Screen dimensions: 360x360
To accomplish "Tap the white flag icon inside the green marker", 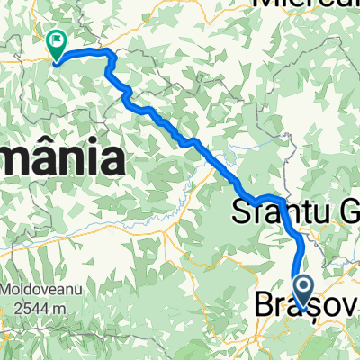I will coord(57,40).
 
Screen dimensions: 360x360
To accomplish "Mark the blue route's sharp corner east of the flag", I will coord(112,55).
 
